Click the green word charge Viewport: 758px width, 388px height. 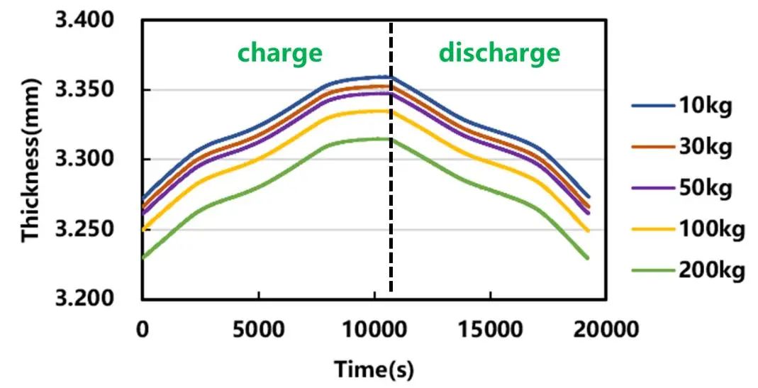click(x=279, y=52)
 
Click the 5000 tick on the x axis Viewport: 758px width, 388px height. click(x=258, y=329)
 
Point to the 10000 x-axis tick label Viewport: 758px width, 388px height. click(x=374, y=329)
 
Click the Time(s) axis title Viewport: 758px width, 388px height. click(x=374, y=369)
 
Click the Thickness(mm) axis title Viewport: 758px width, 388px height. click(x=30, y=160)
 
